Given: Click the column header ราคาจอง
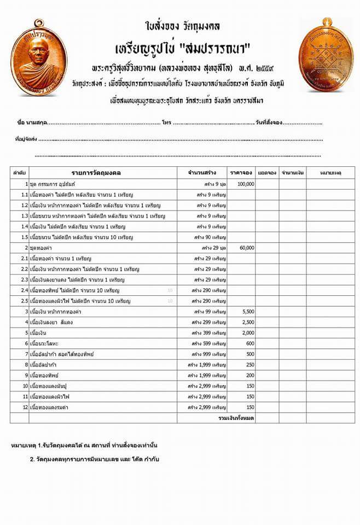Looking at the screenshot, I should coord(241,173).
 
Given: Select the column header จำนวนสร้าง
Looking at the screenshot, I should coord(201,173).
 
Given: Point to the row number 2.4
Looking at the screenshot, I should coord(24,290).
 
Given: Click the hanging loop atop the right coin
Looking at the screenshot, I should coord(327,21).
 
